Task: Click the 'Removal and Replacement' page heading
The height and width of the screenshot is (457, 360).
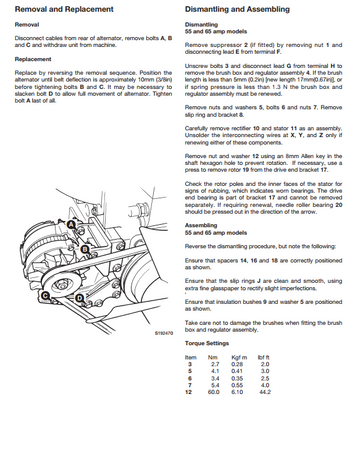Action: coord(53,7)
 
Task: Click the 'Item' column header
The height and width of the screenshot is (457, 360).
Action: coord(192,384)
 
